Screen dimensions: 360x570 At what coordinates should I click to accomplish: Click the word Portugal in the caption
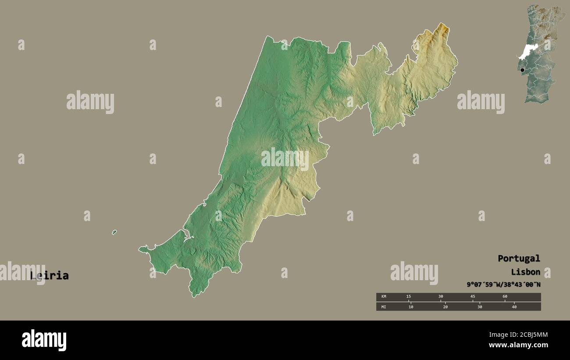tap(519, 259)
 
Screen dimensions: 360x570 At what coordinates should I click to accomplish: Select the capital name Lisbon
tap(525, 272)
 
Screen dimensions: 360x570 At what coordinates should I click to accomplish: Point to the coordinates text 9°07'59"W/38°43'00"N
tap(503, 285)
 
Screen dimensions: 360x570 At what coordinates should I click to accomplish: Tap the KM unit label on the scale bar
tap(384, 297)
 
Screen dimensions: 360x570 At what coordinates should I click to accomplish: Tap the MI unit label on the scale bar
tap(384, 307)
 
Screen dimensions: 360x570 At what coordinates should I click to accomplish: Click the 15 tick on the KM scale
tap(409, 297)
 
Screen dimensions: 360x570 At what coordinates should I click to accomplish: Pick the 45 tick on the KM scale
tap(473, 297)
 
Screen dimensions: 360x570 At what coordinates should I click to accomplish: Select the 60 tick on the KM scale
tap(505, 297)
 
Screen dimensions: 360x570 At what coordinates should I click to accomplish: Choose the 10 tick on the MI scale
tap(411, 307)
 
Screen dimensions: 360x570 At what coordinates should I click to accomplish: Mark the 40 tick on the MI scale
tap(514, 307)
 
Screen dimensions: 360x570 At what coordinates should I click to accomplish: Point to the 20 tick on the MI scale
tap(445, 307)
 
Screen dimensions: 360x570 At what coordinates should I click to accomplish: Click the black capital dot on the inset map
tap(522, 70)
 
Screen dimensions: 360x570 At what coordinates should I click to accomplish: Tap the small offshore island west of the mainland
tap(114, 232)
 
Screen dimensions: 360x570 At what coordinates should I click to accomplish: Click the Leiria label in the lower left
tap(50, 276)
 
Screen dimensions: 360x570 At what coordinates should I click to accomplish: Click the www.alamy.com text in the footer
tap(518, 345)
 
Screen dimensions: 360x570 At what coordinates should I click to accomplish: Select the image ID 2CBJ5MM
tap(531, 335)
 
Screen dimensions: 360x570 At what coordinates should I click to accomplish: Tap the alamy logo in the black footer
tap(44, 340)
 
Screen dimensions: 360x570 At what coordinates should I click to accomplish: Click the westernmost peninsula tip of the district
tap(141, 250)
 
